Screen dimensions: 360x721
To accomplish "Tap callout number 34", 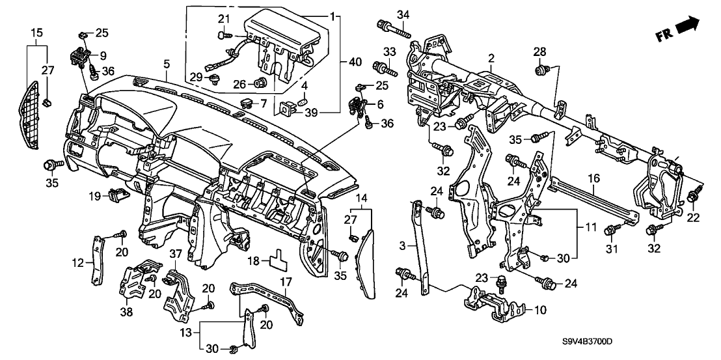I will coord(403,15).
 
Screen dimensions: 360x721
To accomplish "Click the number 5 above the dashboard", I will coord(167,64).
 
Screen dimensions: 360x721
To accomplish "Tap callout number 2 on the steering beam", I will coord(491,58).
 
